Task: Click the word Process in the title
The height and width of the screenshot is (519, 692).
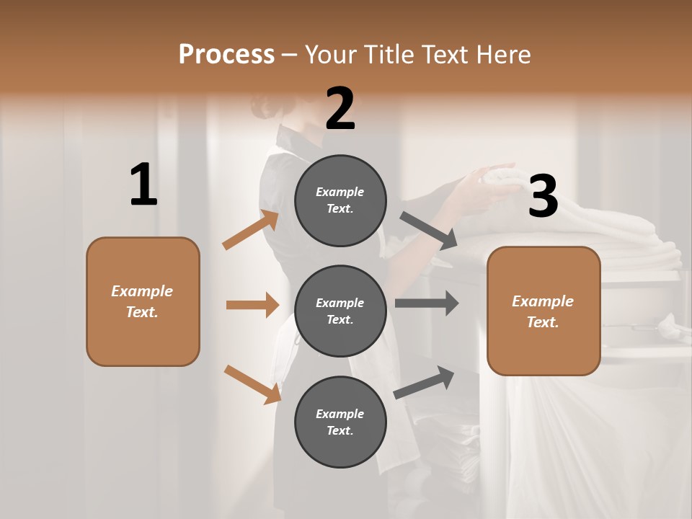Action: point(226,54)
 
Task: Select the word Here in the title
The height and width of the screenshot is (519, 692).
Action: point(504,54)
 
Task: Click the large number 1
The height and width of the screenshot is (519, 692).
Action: point(143,185)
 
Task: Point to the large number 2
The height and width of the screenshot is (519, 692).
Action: point(340,109)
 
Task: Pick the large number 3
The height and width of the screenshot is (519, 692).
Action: point(543,196)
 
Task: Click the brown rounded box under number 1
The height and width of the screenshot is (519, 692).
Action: point(143,301)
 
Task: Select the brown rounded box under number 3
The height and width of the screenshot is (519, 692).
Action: point(544,311)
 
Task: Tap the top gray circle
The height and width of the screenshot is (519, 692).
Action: point(340,200)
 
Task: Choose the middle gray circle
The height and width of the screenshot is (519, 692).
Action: point(340,311)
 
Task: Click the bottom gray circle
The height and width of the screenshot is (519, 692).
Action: point(340,422)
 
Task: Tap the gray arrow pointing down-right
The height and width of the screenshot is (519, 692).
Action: point(428,230)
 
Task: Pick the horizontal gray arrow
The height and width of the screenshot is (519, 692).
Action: point(426,303)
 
